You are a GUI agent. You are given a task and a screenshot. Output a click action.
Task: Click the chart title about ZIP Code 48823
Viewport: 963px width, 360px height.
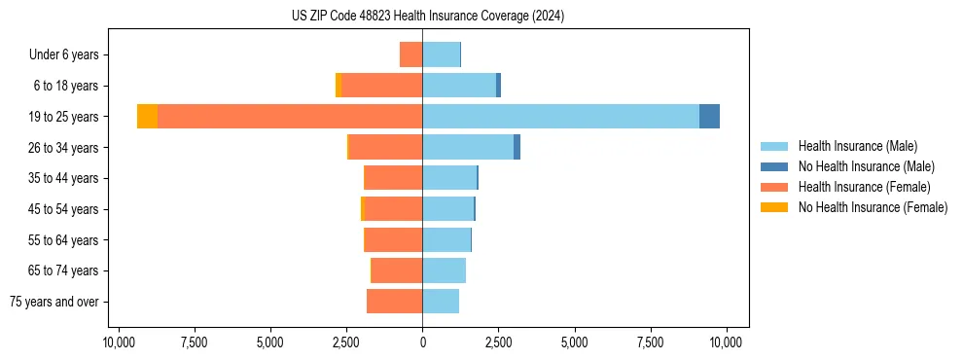pos(427,17)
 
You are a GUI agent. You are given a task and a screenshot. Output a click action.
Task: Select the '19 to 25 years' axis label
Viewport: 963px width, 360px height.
pos(64,117)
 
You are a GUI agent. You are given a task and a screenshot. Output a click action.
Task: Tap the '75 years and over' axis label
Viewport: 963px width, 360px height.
pos(54,302)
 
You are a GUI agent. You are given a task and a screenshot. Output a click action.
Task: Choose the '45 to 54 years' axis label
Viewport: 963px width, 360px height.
pos(64,209)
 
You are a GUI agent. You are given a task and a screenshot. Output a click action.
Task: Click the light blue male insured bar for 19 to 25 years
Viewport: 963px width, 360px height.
pos(560,117)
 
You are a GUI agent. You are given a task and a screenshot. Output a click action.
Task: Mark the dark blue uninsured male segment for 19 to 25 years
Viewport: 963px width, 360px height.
pos(709,117)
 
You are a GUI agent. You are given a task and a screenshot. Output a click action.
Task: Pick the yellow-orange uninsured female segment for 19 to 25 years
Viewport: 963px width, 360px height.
pos(147,117)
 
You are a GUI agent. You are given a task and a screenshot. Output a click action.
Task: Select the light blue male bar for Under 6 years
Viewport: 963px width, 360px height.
pos(441,55)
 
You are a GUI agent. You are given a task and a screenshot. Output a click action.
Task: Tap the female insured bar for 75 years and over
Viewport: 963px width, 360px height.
pos(394,302)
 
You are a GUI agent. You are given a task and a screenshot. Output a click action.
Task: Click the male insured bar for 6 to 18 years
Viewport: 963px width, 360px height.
pos(459,86)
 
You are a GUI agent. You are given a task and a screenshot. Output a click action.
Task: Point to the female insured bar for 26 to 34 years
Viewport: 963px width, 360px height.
pos(385,148)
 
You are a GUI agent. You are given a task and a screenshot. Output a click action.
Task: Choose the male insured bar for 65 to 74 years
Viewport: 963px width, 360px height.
pos(444,270)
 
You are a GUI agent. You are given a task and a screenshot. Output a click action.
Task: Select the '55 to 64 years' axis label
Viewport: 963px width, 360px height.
pos(64,240)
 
